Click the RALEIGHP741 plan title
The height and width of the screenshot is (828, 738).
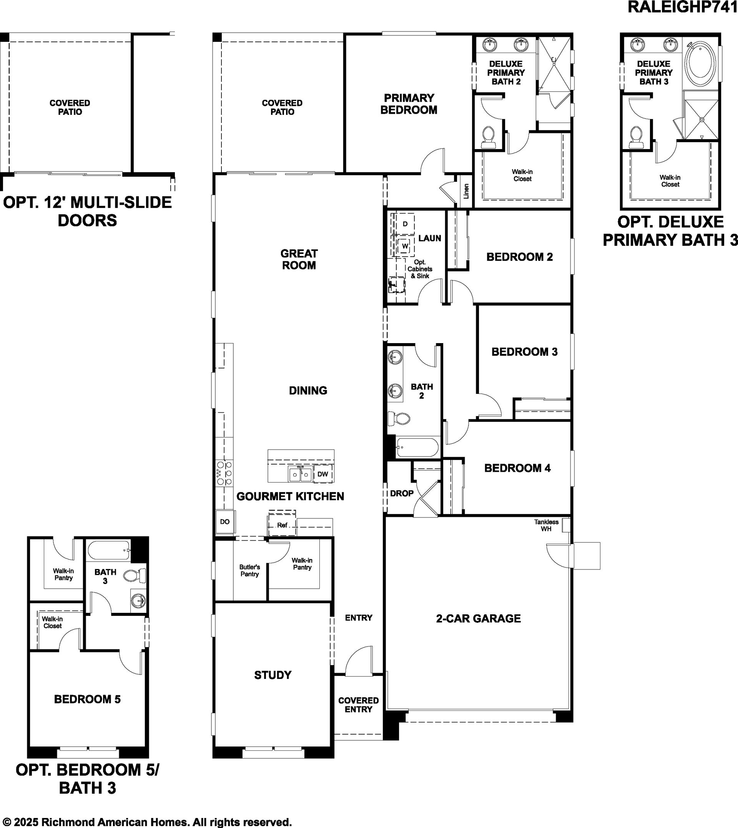click(x=682, y=7)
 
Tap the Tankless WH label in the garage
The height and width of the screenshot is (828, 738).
click(x=546, y=525)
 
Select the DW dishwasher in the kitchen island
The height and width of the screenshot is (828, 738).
click(x=323, y=474)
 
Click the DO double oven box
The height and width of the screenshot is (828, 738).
click(x=225, y=522)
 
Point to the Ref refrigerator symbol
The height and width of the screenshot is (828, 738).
click(x=282, y=525)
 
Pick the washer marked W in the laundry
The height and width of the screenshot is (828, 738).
click(x=405, y=246)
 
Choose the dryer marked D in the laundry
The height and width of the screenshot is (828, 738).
click(x=405, y=224)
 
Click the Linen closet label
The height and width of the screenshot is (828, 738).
click(x=466, y=191)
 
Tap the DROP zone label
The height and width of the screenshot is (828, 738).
click(x=402, y=493)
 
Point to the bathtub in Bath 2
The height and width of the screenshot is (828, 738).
click(x=418, y=448)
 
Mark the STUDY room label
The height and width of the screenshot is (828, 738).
click(x=273, y=675)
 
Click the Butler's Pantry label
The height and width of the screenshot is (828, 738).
click(x=249, y=570)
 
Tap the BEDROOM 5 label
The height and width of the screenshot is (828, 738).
click(x=88, y=699)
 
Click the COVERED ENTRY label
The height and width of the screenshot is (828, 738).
click(x=359, y=705)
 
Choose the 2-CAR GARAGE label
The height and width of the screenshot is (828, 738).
click(x=479, y=619)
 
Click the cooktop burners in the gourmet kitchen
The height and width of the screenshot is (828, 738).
click(x=224, y=473)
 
